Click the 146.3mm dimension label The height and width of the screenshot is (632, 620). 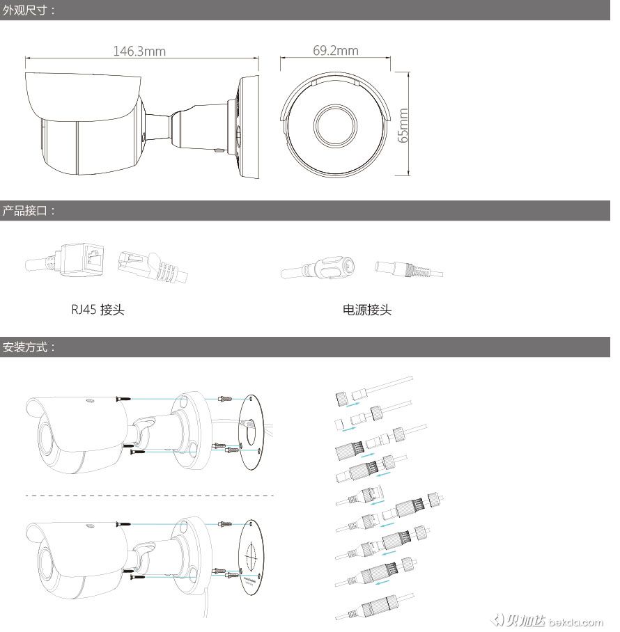139,52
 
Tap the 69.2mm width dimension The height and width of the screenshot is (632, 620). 336,50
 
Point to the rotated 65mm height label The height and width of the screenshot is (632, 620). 403,125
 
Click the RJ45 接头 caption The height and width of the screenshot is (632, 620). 98,310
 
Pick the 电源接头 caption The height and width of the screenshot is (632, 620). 366,310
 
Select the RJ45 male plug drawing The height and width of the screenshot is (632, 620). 153,266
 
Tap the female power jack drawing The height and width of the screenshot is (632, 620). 318,267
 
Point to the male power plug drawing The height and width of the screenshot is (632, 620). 409,269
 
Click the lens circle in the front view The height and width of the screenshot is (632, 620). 335,125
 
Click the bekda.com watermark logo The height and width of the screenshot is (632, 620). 547,621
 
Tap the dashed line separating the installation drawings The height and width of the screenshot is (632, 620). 150,496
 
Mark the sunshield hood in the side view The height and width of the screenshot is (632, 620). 83,96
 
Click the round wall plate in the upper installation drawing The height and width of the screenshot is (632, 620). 251,432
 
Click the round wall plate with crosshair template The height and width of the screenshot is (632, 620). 251,558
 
